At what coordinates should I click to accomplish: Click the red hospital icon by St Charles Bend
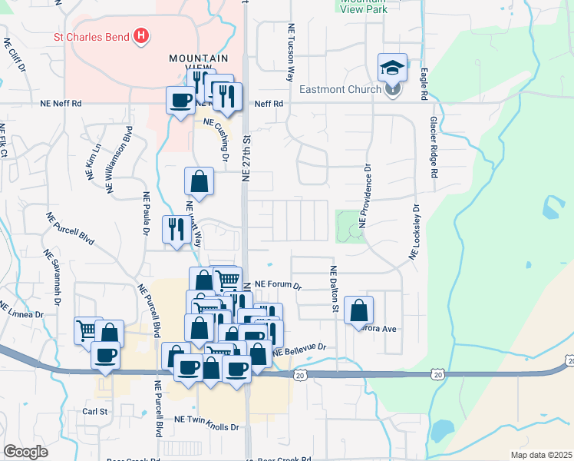point(140,35)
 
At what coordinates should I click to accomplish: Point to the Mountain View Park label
point(362,5)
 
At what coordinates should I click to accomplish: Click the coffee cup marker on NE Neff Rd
point(181,100)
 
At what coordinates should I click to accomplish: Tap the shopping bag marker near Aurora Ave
point(358,310)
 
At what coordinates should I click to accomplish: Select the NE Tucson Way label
point(291,61)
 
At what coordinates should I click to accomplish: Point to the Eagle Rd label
point(424,84)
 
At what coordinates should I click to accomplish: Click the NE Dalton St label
point(334,290)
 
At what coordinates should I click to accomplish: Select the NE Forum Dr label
point(279,284)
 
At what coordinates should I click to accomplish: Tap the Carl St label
point(94,411)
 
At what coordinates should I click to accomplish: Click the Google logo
point(26,452)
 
